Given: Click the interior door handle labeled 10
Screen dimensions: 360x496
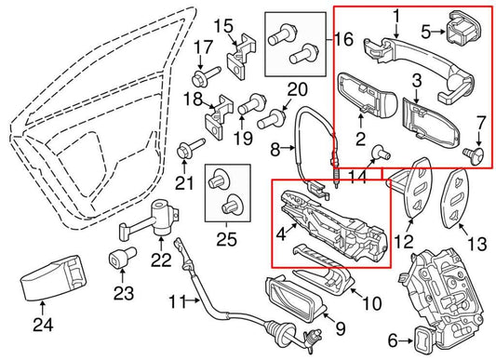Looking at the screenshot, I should (x=322, y=278).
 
